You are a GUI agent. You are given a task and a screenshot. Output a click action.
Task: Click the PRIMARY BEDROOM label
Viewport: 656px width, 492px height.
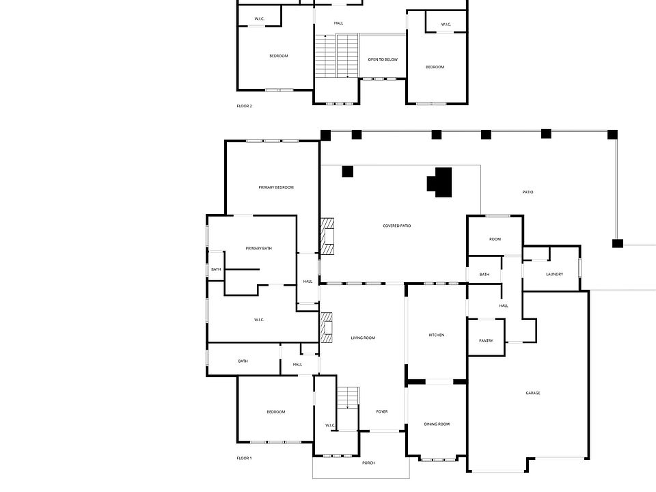pos(276,187)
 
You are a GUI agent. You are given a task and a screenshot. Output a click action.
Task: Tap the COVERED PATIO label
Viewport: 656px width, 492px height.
pos(397,225)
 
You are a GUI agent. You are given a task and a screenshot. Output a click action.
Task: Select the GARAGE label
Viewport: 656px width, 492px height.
pos(533,393)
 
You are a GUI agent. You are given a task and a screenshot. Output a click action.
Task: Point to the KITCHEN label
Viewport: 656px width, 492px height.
pos(437,335)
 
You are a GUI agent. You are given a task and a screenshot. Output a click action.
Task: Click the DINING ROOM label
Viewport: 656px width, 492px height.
pos(437,424)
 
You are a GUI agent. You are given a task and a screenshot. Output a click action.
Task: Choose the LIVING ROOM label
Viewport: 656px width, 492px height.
pos(363,338)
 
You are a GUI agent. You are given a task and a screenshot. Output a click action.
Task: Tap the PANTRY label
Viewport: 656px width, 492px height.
pos(486,340)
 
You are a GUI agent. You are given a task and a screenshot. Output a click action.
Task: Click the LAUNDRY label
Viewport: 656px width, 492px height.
pos(554,275)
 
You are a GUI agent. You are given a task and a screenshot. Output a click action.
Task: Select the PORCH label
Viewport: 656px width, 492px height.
pos(368,463)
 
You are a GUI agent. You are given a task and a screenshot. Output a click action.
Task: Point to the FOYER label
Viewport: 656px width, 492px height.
pos(382,411)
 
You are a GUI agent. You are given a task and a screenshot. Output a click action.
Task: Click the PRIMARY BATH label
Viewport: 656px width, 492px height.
pos(259,248)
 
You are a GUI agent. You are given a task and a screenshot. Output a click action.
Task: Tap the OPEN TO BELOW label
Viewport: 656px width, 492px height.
pos(383,59)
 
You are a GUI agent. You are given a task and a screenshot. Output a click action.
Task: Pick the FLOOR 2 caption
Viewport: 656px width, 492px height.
pos(244,106)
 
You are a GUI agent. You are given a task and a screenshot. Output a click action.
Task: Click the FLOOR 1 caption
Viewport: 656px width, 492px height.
pos(244,458)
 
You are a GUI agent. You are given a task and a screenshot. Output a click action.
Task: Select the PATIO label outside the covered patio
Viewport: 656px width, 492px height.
pos(528,192)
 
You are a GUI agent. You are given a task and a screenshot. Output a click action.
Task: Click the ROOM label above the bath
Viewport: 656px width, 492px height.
pos(495,239)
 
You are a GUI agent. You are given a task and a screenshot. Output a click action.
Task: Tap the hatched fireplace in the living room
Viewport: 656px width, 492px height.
pos(327,327)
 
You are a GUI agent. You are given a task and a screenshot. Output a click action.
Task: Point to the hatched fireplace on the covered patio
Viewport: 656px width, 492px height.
pos(327,236)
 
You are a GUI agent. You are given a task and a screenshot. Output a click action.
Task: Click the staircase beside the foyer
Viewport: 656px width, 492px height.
pos(348,396)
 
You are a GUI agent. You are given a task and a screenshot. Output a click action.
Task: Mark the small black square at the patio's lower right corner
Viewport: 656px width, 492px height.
pos(618,243)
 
